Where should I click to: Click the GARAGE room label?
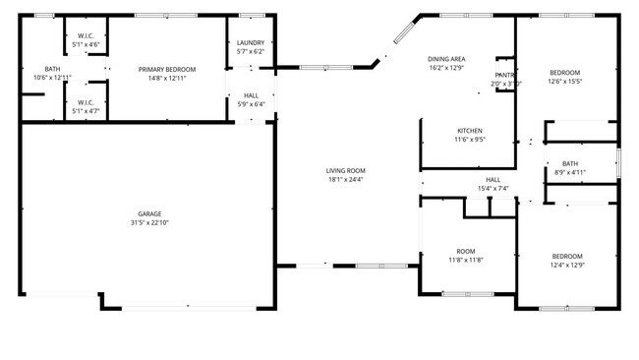point(149,213)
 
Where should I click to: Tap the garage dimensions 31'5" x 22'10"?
point(149,223)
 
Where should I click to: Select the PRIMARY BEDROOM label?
point(167,69)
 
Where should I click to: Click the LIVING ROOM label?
point(346,170)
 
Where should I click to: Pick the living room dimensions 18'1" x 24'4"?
point(346,180)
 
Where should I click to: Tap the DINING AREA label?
point(446,59)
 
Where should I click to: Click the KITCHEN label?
point(470,130)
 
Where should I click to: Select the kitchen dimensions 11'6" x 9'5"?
point(470,140)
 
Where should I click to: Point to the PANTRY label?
point(505,75)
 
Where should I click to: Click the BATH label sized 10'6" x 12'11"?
point(52,69)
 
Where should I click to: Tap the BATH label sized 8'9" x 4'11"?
point(570,163)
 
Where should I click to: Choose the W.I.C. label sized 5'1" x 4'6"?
point(85,35)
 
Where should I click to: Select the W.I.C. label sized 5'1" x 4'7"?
point(85,101)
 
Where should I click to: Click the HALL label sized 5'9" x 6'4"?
point(252,95)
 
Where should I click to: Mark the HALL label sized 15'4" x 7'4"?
point(493,179)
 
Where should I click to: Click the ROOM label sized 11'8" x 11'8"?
point(466,250)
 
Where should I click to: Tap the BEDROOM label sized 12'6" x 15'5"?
point(564,73)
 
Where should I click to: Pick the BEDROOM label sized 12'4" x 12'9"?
point(566,256)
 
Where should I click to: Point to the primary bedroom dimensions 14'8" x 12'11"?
point(167,78)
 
